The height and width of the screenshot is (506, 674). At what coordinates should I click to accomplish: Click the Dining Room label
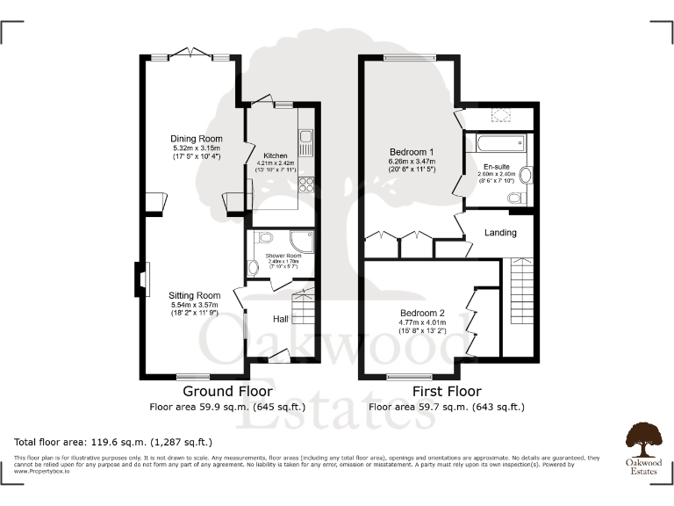197,139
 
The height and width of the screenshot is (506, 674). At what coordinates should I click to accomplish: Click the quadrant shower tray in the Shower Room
301,242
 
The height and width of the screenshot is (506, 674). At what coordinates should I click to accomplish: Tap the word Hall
281,318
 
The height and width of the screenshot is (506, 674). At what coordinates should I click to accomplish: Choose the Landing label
500,233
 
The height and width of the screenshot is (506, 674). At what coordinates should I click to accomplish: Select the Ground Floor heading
226,391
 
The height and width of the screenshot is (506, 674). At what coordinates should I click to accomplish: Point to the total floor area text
113,442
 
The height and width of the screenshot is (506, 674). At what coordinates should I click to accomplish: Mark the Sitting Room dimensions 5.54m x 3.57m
195,306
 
